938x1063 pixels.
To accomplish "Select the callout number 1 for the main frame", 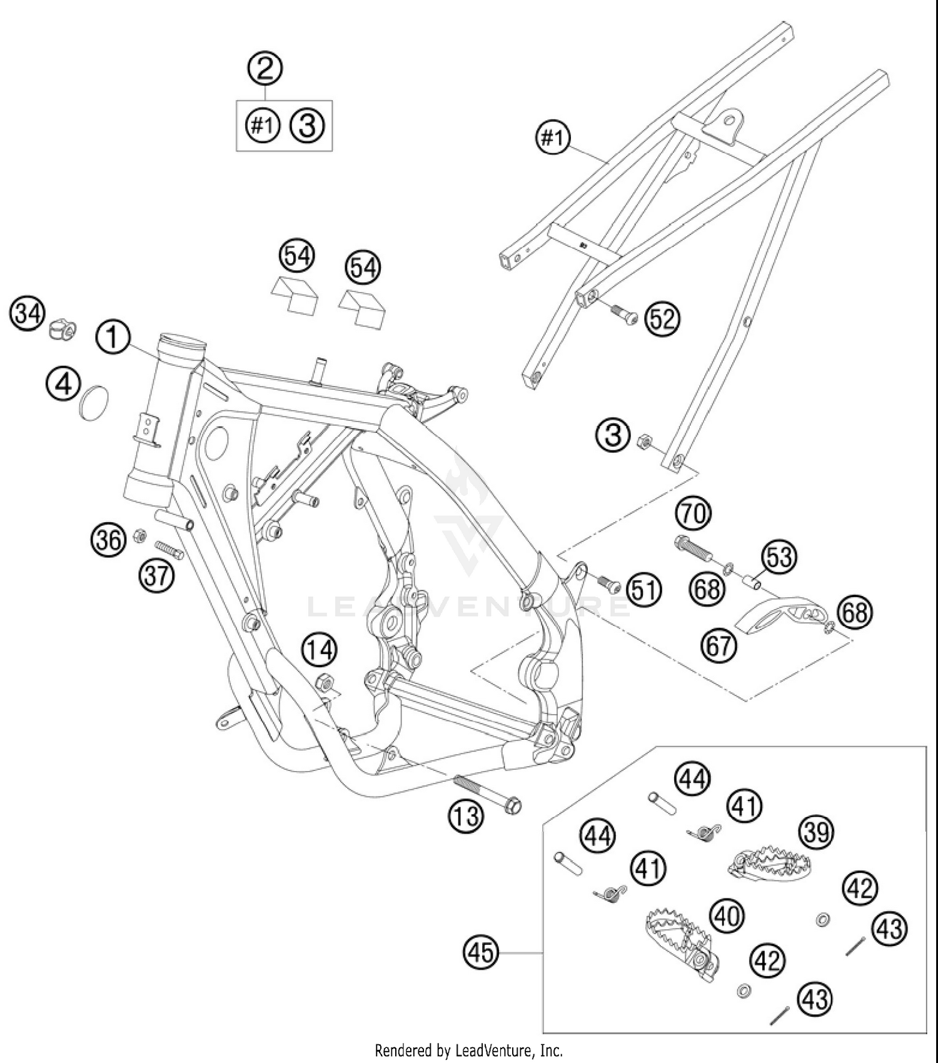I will point(113,338).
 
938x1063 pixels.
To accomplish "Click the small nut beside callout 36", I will point(140,535).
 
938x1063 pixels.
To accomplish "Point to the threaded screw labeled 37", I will point(169,549).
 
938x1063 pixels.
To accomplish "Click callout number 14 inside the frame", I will point(320,650).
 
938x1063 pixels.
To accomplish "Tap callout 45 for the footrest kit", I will point(481,952).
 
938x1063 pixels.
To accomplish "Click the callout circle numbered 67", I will point(719,643).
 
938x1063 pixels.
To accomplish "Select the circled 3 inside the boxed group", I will point(307,125).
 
